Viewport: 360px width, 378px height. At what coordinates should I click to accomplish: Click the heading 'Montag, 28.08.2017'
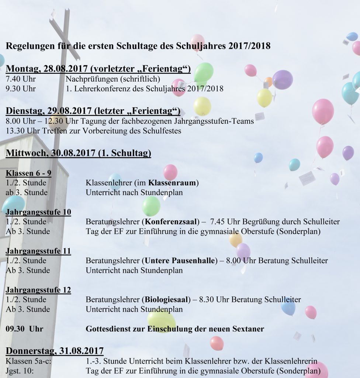pyautogui.click(x=47, y=69)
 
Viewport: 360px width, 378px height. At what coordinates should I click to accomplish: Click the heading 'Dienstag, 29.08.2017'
pyautogui.click(x=49, y=111)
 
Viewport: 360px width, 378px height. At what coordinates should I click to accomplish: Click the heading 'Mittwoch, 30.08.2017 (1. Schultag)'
pyautogui.click(x=79, y=153)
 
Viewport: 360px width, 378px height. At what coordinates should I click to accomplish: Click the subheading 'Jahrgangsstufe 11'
pyautogui.click(x=38, y=251)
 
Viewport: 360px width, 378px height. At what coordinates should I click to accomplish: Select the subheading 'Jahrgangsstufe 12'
pyautogui.click(x=38, y=290)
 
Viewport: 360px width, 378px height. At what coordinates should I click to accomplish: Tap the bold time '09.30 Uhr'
pyautogui.click(x=24, y=329)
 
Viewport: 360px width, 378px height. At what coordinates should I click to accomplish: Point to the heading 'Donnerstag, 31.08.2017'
pyautogui.click(x=55, y=350)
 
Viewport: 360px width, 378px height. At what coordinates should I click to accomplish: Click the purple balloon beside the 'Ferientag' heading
pyautogui.click(x=283, y=79)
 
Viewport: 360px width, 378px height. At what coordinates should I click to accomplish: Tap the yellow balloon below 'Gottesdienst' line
pyautogui.click(x=161, y=320)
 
